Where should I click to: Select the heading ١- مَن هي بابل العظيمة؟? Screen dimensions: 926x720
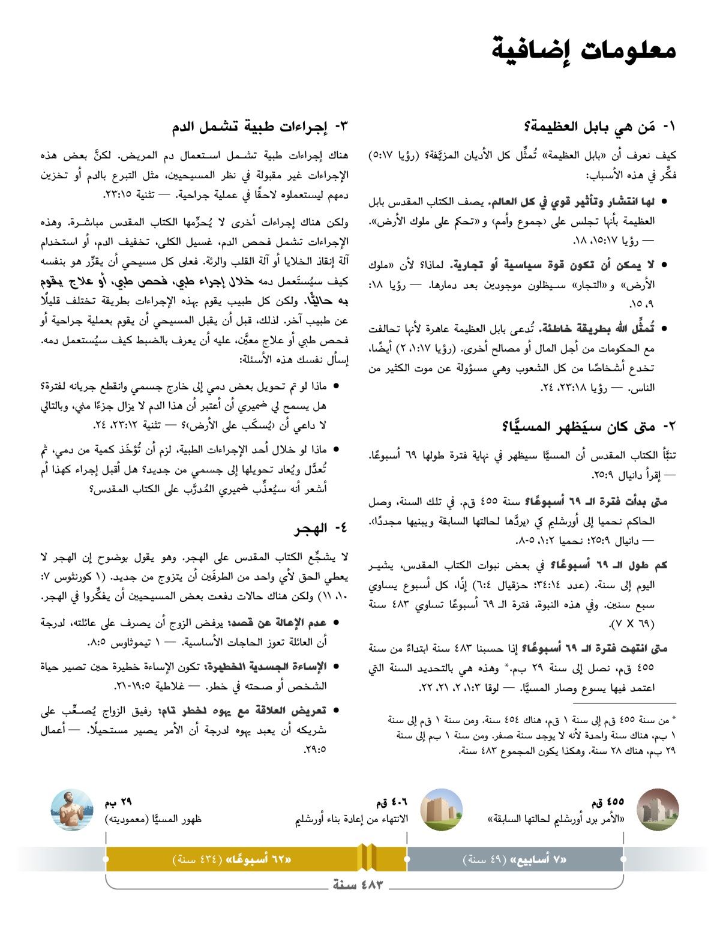pyautogui.click(x=599, y=127)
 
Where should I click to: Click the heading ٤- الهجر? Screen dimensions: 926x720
pyautogui.click(x=321, y=529)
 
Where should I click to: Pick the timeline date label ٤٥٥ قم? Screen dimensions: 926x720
pyautogui.click(x=607, y=802)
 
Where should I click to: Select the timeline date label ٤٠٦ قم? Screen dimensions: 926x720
pyautogui.click(x=391, y=802)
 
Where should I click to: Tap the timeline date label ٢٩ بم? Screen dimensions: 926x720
pyautogui.click(x=118, y=802)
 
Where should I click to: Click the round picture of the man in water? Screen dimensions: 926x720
pyautogui.click(x=73, y=810)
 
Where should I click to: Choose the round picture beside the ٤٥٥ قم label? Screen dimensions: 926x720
pyautogui.click(x=657, y=810)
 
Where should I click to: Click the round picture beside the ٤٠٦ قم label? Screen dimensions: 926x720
pyautogui.click(x=442, y=810)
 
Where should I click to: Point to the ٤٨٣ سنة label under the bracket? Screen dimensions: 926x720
pyautogui.click(x=358, y=885)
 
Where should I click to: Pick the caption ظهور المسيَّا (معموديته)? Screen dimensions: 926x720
pyautogui.click(x=153, y=819)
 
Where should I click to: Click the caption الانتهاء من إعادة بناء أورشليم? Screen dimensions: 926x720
pyautogui.click(x=351, y=819)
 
